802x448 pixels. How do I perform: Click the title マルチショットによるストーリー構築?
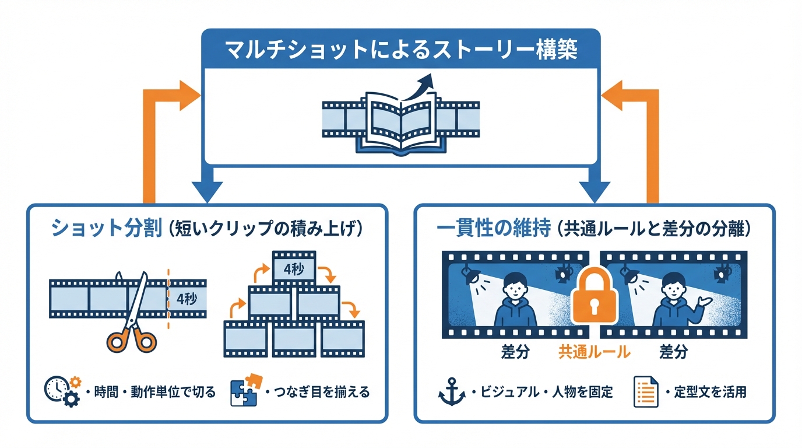pyautogui.click(x=400, y=50)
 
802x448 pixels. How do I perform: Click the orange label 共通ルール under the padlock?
pyautogui.click(x=595, y=352)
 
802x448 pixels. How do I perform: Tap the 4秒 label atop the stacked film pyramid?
pyautogui.click(x=294, y=269)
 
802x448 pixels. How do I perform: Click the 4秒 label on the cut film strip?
pyautogui.click(x=187, y=299)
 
